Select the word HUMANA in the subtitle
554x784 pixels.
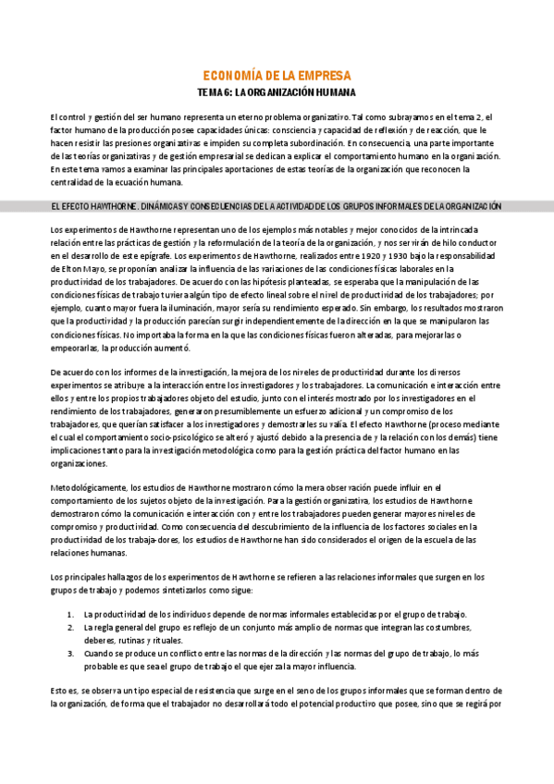coord(331,93)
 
